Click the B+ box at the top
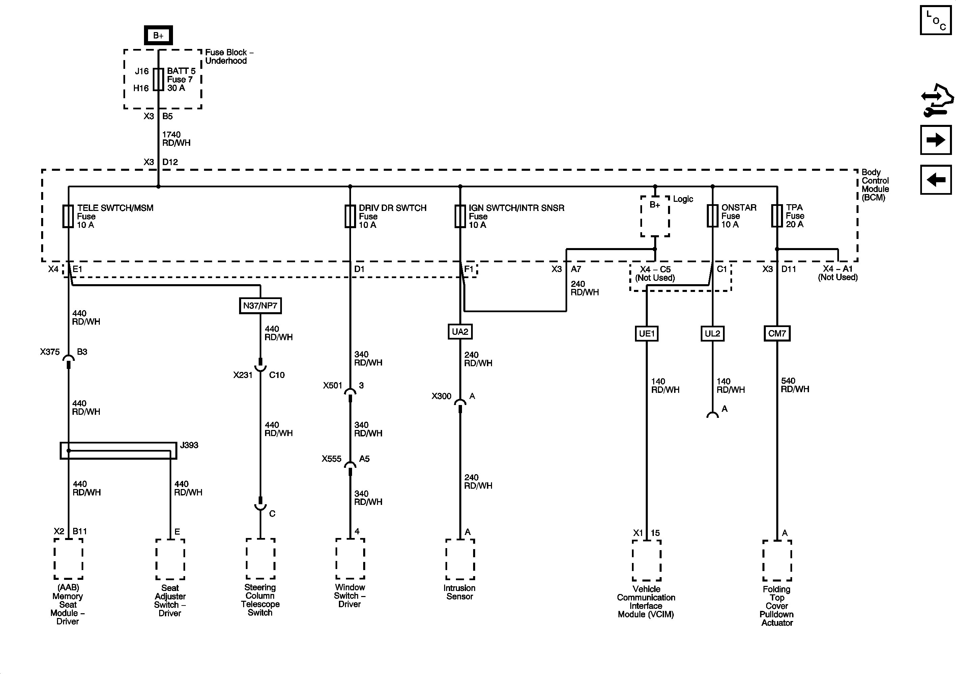point(158,35)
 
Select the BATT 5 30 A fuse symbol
point(158,79)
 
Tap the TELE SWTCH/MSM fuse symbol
point(68,216)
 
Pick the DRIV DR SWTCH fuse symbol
point(350,216)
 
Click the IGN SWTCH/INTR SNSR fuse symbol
point(460,216)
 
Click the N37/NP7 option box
point(260,305)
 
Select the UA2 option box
point(460,332)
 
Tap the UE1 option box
point(647,333)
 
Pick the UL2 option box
point(713,333)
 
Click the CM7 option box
point(777,333)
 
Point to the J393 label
point(189,445)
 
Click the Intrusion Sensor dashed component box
point(460,559)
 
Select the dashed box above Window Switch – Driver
point(350,559)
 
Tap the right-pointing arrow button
point(935,140)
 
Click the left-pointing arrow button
point(935,180)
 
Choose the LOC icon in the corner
point(935,20)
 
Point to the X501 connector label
point(332,385)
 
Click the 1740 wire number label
point(171,135)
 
